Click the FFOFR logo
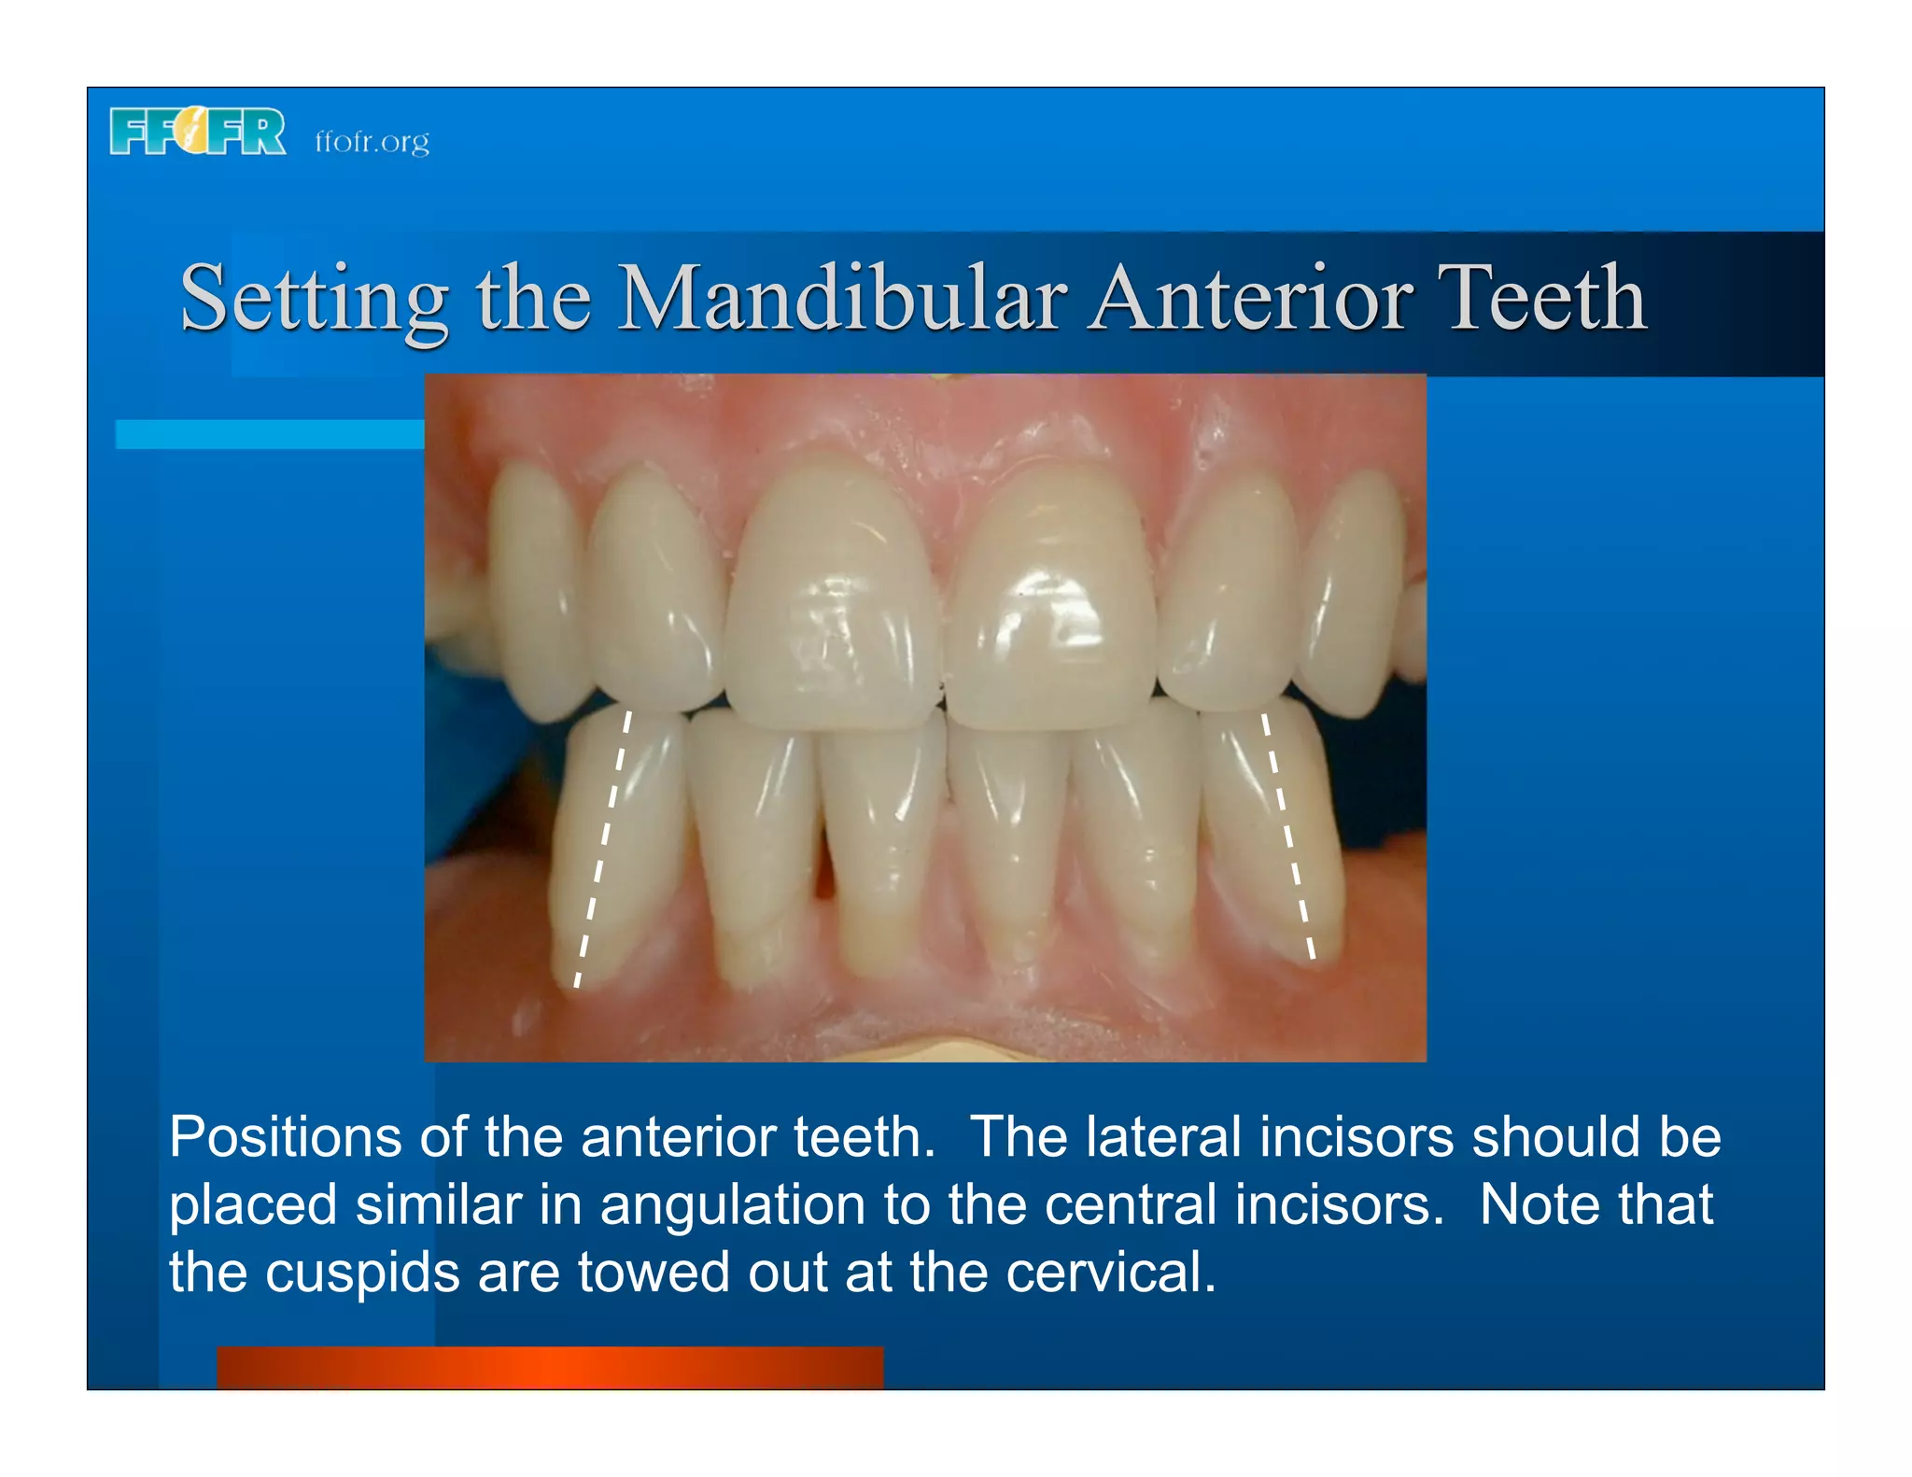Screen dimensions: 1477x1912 tap(197, 132)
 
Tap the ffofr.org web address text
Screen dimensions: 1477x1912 tap(372, 142)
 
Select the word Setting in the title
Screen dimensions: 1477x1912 tap(314, 299)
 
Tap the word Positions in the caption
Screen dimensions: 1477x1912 tap(286, 1138)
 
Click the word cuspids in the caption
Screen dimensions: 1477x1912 tap(362, 1273)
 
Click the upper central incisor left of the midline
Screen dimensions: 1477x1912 tap(833, 598)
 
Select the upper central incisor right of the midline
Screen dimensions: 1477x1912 tap(1050, 598)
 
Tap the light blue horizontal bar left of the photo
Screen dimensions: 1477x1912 tap(269, 434)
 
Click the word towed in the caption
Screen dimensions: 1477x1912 tap(654, 1273)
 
